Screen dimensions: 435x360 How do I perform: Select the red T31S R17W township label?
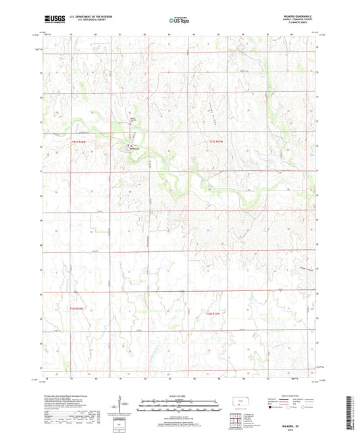(215, 141)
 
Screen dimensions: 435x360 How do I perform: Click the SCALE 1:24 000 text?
(180, 396)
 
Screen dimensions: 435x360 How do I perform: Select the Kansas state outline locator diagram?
(240, 405)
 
